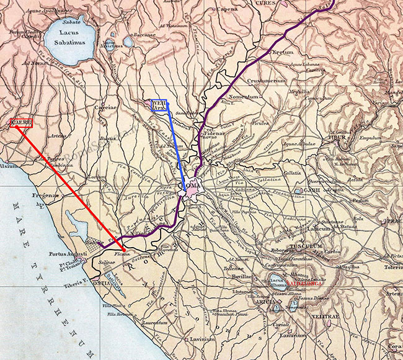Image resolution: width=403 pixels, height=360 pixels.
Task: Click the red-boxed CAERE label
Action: (20, 124)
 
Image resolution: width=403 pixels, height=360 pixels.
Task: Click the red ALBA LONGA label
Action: (304, 284)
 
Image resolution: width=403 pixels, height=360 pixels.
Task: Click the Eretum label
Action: (283, 52)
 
